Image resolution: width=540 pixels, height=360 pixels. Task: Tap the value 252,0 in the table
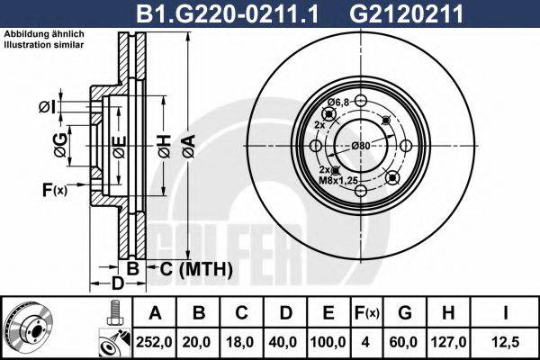[x=156, y=342]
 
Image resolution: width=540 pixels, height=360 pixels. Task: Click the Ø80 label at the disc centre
[x=362, y=146]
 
